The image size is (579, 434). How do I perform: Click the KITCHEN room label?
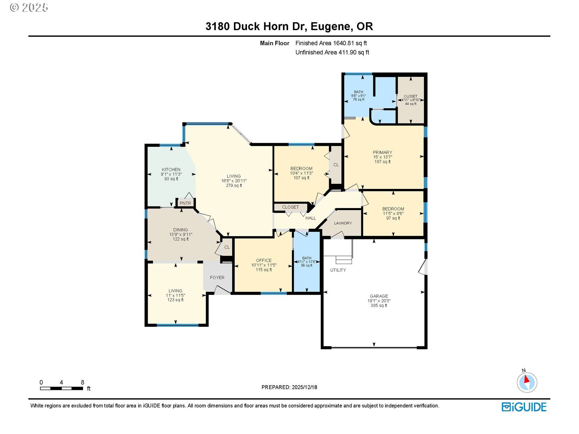point(171,169)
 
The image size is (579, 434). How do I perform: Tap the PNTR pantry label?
point(185,203)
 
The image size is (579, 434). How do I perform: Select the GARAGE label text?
point(379,296)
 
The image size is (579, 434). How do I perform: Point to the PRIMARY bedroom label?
point(382,152)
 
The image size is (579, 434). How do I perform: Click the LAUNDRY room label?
point(343,223)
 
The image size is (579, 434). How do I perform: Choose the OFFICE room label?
point(264,260)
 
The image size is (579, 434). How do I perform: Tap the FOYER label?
point(217,277)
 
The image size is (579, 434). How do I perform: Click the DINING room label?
point(180,230)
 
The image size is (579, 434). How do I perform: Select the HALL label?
point(311,218)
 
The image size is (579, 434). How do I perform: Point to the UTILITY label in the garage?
point(338,270)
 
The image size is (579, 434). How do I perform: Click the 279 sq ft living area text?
point(234,185)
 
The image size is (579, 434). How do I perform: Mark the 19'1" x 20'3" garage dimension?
point(379,301)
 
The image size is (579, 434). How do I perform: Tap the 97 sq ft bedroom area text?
point(393,218)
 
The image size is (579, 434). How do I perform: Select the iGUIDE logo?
point(524,407)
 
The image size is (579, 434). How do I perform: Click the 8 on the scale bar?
point(82,382)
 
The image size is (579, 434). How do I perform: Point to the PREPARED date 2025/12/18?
point(289,387)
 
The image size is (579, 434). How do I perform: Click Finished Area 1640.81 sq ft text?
point(331,43)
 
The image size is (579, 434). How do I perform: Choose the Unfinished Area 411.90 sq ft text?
point(332,52)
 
